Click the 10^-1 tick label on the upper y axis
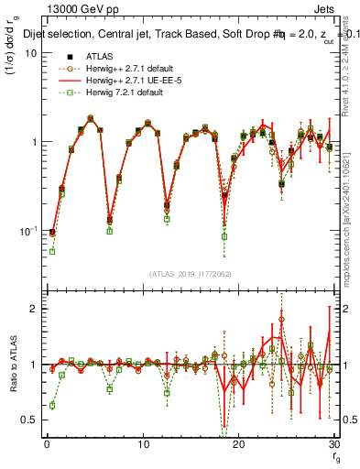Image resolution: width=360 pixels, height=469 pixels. pyautogui.click(x=26, y=232)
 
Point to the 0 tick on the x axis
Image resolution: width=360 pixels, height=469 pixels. pyautogui.click(x=47, y=445)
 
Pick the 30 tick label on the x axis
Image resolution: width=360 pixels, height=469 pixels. pyautogui.click(x=333, y=445)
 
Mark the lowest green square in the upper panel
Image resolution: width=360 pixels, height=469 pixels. pyautogui.click(x=52, y=251)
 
